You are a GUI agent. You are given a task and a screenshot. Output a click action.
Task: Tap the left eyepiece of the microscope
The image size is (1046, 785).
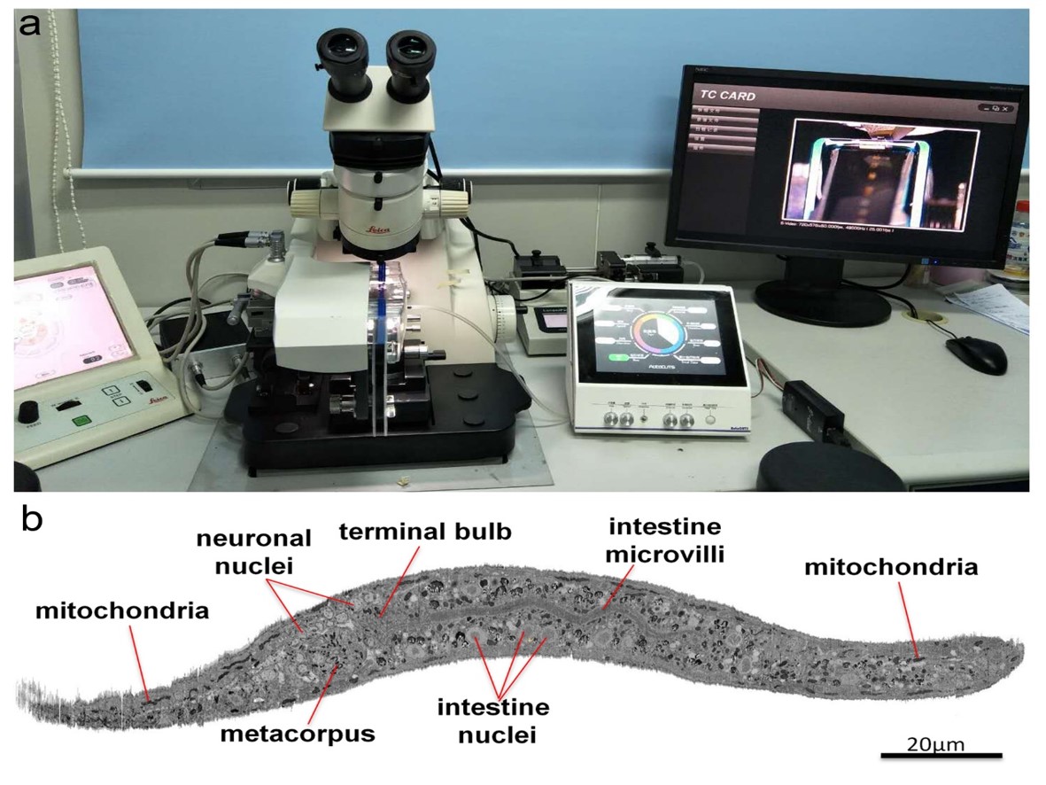(341, 53)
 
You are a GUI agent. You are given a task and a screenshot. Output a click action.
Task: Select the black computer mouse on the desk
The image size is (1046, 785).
(976, 354)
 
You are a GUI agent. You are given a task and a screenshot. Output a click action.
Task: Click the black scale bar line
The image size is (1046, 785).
(941, 756)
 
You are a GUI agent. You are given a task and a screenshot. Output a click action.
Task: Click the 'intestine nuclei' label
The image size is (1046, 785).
(493, 720)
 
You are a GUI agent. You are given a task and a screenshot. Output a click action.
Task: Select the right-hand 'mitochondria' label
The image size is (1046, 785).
(891, 568)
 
